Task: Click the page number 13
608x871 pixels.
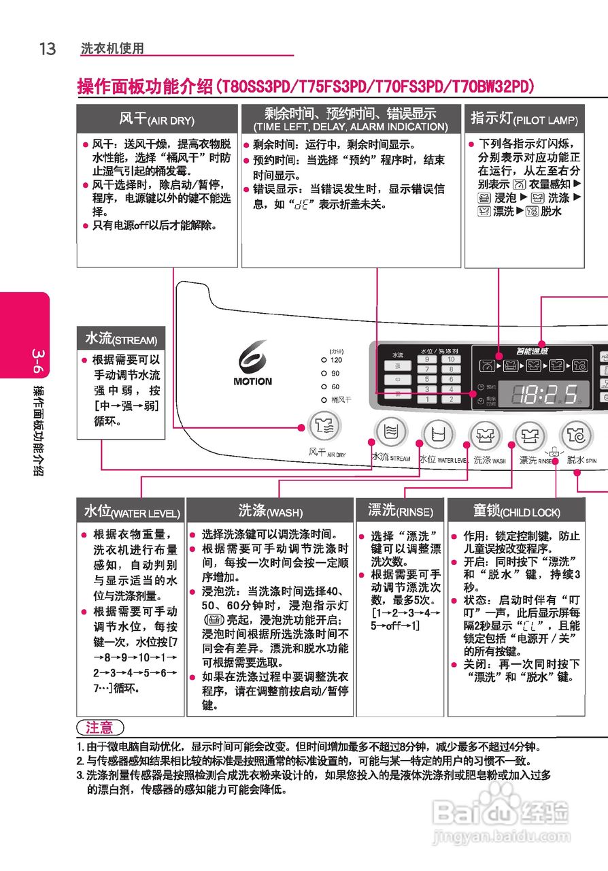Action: point(48,49)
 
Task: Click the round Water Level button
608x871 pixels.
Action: point(439,433)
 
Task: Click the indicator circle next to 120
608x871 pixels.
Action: point(324,359)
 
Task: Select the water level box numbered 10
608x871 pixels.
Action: point(451,359)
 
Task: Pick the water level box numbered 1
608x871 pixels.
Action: point(427,399)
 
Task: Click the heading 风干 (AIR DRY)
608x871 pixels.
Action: point(156,119)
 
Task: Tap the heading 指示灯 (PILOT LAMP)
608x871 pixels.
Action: point(524,119)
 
